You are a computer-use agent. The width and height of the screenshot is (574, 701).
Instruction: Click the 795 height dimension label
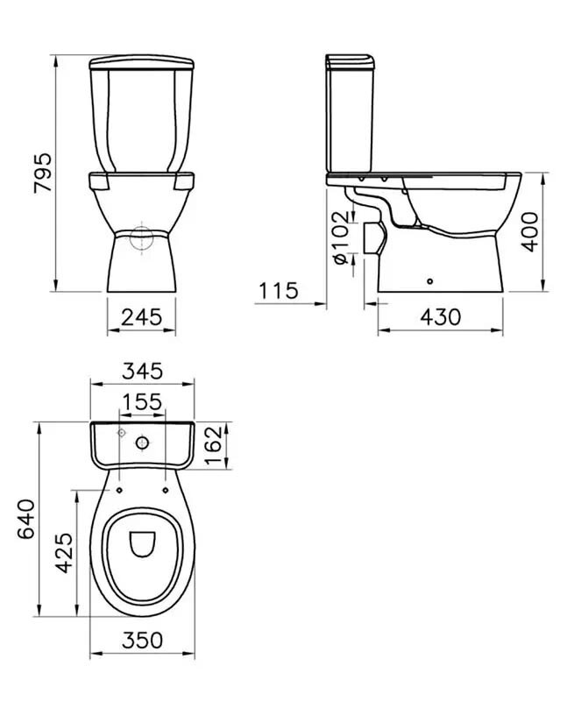click(x=43, y=173)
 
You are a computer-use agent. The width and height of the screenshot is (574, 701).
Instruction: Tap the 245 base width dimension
click(x=141, y=317)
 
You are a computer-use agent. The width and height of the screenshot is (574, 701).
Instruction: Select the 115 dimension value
click(x=278, y=291)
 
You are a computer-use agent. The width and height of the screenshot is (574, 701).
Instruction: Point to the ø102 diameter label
click(x=341, y=237)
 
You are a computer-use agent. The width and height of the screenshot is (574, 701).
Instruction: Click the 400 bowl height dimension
click(x=531, y=231)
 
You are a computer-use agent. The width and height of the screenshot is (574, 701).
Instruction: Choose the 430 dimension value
click(x=440, y=317)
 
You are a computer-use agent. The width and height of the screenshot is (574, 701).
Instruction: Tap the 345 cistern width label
click(x=142, y=371)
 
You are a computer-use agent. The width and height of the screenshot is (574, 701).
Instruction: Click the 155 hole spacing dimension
click(x=142, y=402)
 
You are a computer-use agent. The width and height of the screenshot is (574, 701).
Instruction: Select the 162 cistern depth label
click(x=213, y=445)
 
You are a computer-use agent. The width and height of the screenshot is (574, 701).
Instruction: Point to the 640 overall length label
click(x=25, y=519)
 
